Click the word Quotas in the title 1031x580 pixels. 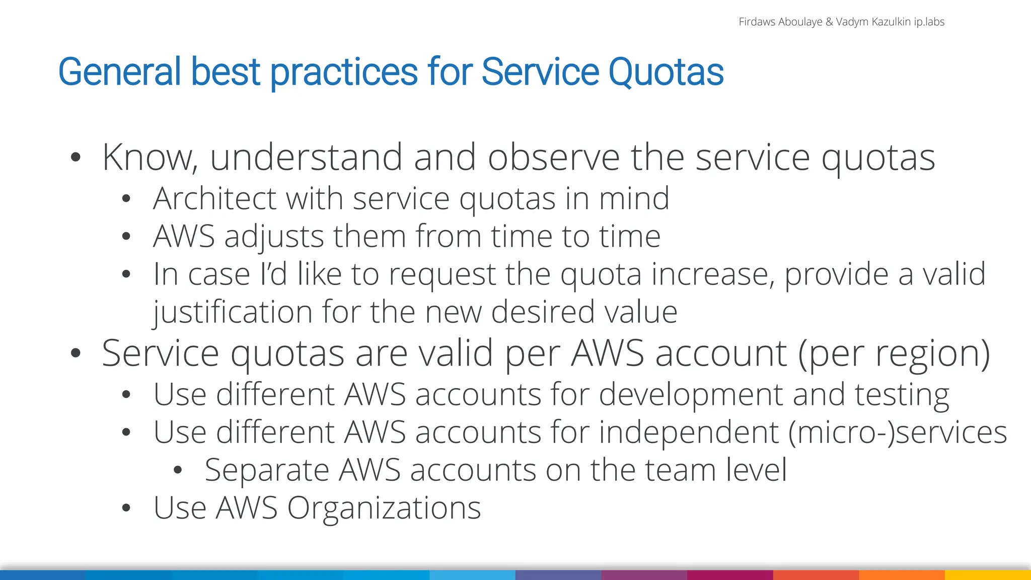(666, 72)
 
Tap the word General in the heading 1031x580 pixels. (119, 72)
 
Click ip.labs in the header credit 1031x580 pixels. (929, 22)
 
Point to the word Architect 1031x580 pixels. (214, 198)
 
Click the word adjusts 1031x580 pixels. (274, 237)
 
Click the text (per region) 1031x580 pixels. (894, 353)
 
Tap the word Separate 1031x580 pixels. (266, 470)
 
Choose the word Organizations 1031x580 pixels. (384, 508)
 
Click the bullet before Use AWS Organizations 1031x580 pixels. (126, 509)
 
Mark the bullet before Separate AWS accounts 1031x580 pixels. (177, 471)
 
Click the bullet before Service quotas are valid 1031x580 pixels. (76, 353)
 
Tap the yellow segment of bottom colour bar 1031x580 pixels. (988, 575)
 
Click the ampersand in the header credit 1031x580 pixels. (829, 22)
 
